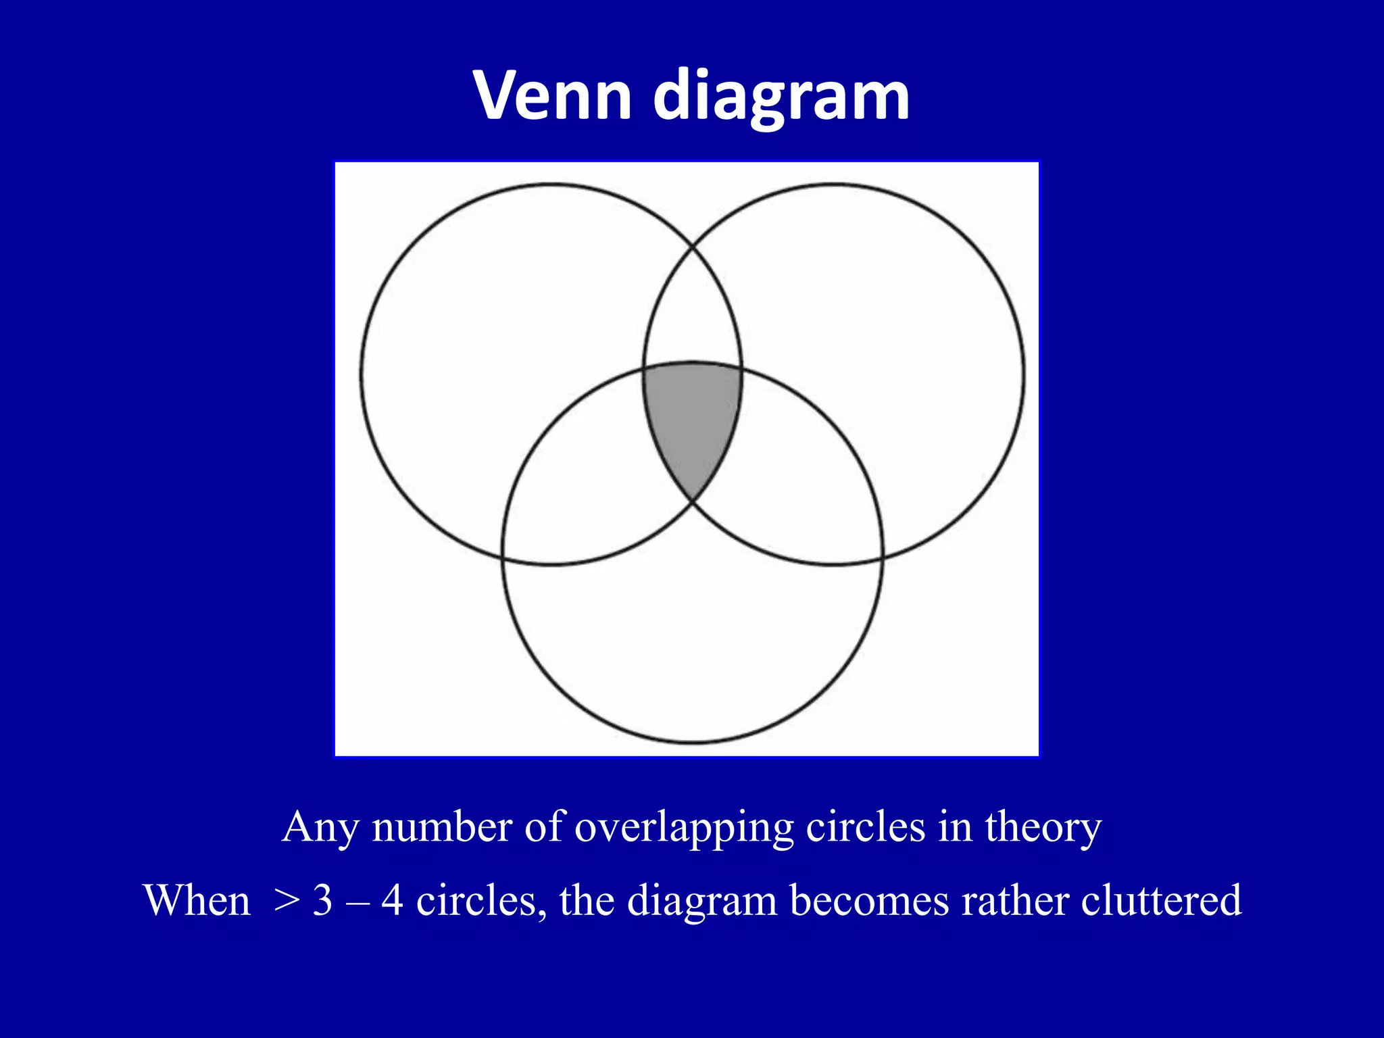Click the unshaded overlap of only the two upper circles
(x=692, y=311)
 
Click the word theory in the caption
(x=1043, y=828)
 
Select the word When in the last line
(x=197, y=901)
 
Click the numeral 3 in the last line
(x=323, y=901)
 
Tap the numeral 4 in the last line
(x=393, y=901)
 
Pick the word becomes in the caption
(x=870, y=901)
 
